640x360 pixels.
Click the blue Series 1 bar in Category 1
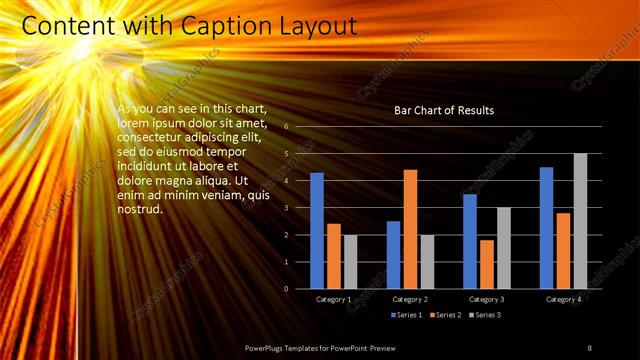coord(317,231)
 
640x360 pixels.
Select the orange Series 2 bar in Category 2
coord(410,229)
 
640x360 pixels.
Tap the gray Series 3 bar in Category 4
coord(580,221)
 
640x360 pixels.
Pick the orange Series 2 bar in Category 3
coord(486,264)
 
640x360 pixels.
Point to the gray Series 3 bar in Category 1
coord(350,262)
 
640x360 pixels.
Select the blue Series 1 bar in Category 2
coord(393,255)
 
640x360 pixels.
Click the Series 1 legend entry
coord(406,315)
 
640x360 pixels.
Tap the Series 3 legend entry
coord(484,315)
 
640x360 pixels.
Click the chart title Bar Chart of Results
coord(444,110)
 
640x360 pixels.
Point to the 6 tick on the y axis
coord(286,127)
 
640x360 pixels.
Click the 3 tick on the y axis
coord(286,208)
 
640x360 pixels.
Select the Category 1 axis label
coord(333,299)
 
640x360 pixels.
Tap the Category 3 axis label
coord(486,299)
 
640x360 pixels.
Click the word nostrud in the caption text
coord(140,209)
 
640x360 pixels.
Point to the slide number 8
coord(589,347)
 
